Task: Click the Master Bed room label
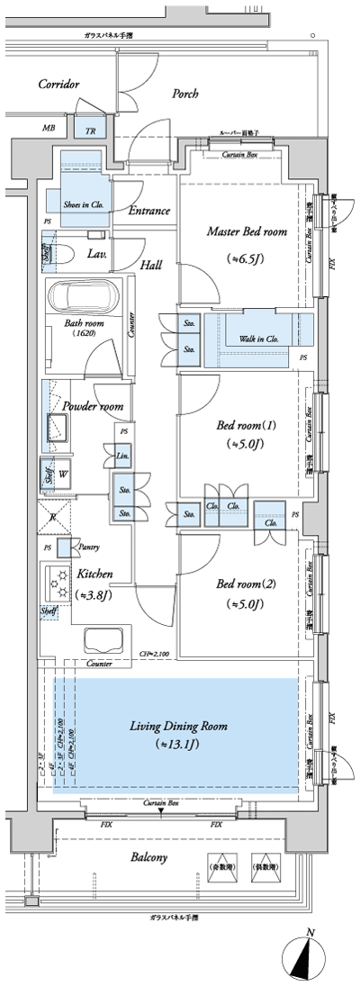coord(247,232)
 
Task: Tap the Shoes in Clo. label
coord(85,204)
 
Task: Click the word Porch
coord(184,93)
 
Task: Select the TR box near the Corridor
coord(90,130)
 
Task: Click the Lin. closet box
coord(122,457)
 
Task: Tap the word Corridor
coord(59,84)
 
